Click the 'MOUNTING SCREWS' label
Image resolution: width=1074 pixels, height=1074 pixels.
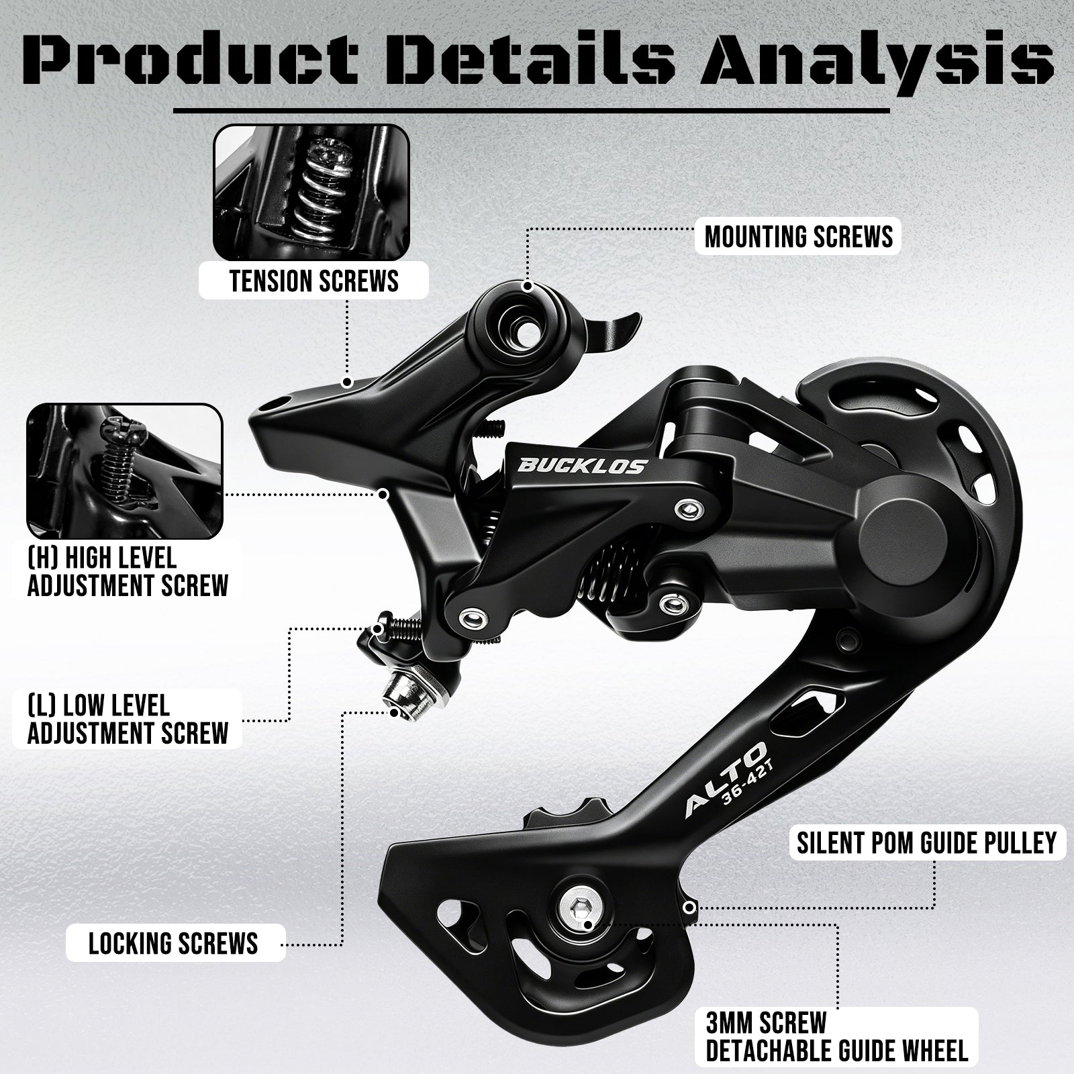click(x=799, y=237)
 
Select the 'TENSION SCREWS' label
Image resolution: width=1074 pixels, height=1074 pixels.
click(x=314, y=281)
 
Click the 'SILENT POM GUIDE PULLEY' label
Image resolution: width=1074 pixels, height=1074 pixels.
click(x=926, y=842)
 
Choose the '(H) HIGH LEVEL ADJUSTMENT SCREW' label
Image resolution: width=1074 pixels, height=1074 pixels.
click(x=128, y=572)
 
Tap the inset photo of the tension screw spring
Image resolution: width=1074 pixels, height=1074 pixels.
click(x=311, y=193)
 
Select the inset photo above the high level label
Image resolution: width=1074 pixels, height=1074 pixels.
click(x=125, y=471)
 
